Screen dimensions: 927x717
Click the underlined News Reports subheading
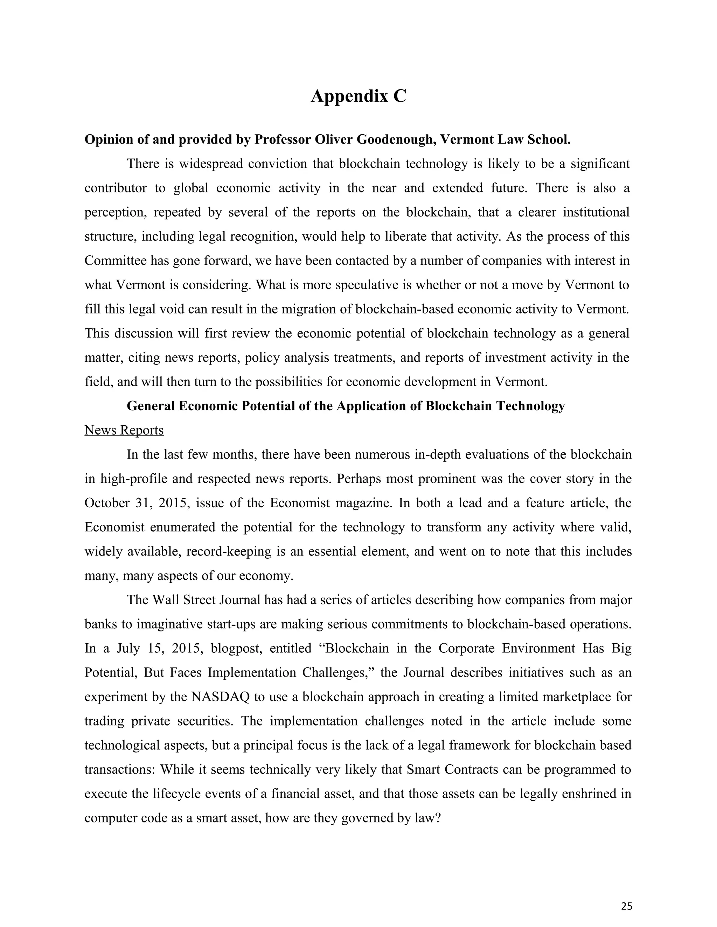coord(124,430)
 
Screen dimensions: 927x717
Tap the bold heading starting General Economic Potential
coord(346,406)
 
